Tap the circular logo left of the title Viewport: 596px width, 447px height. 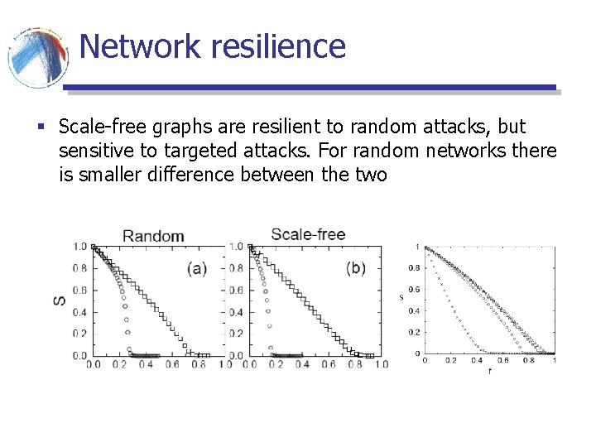[37, 56]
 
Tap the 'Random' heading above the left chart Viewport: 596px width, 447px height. [153, 236]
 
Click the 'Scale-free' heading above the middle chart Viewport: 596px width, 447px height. [308, 234]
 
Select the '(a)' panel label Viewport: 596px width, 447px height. [197, 268]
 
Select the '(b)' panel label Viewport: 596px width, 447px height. [355, 268]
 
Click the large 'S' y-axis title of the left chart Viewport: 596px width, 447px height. [60, 300]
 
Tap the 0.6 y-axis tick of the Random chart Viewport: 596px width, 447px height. [79, 290]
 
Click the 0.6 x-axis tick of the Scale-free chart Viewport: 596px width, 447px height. [329, 365]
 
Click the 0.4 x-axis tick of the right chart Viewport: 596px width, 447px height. [477, 360]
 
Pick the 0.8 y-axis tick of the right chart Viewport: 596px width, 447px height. [413, 268]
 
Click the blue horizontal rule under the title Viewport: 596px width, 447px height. [310, 87]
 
